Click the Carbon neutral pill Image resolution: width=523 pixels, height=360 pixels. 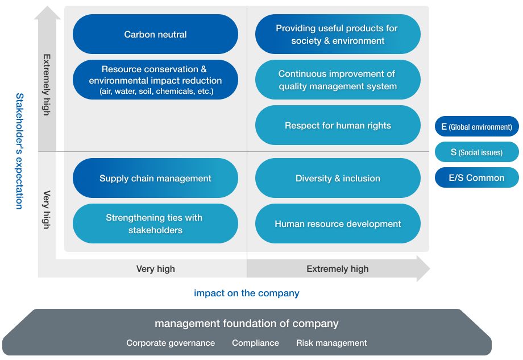155,34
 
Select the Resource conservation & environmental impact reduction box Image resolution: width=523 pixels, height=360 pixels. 155,80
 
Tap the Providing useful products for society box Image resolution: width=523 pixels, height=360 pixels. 338,34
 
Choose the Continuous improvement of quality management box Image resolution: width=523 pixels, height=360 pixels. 338,80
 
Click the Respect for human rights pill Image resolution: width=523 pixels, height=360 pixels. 338,125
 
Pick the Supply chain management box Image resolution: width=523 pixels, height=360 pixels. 155,178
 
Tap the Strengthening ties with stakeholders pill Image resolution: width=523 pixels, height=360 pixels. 155,224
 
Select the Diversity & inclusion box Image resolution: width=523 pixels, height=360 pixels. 338,178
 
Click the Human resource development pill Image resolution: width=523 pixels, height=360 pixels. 338,224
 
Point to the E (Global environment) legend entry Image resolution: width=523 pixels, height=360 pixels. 476,126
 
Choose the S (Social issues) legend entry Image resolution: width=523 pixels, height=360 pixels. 476,152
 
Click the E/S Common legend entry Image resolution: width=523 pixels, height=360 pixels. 476,177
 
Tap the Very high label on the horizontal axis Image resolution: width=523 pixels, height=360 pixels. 155,268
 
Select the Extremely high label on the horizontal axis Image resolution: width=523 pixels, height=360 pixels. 338,268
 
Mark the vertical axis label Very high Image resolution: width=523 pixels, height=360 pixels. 47,209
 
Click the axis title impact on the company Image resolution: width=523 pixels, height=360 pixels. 247,293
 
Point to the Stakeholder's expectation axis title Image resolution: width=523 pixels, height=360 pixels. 20,151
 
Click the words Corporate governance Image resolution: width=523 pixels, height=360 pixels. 171,343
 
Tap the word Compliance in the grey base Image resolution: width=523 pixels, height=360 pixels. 255,343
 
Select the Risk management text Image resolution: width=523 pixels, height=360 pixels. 331,343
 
